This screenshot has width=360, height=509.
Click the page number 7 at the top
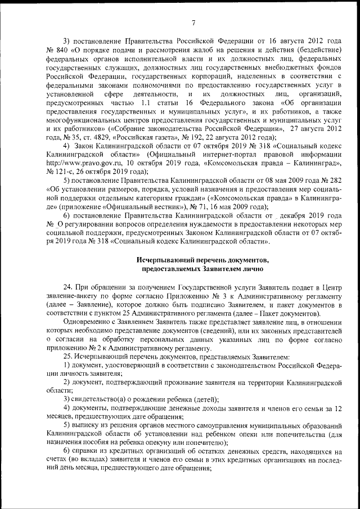(193, 22)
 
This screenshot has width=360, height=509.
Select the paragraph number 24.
(67, 287)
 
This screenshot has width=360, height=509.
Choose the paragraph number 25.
(67, 357)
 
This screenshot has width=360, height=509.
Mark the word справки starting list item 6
(85, 452)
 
